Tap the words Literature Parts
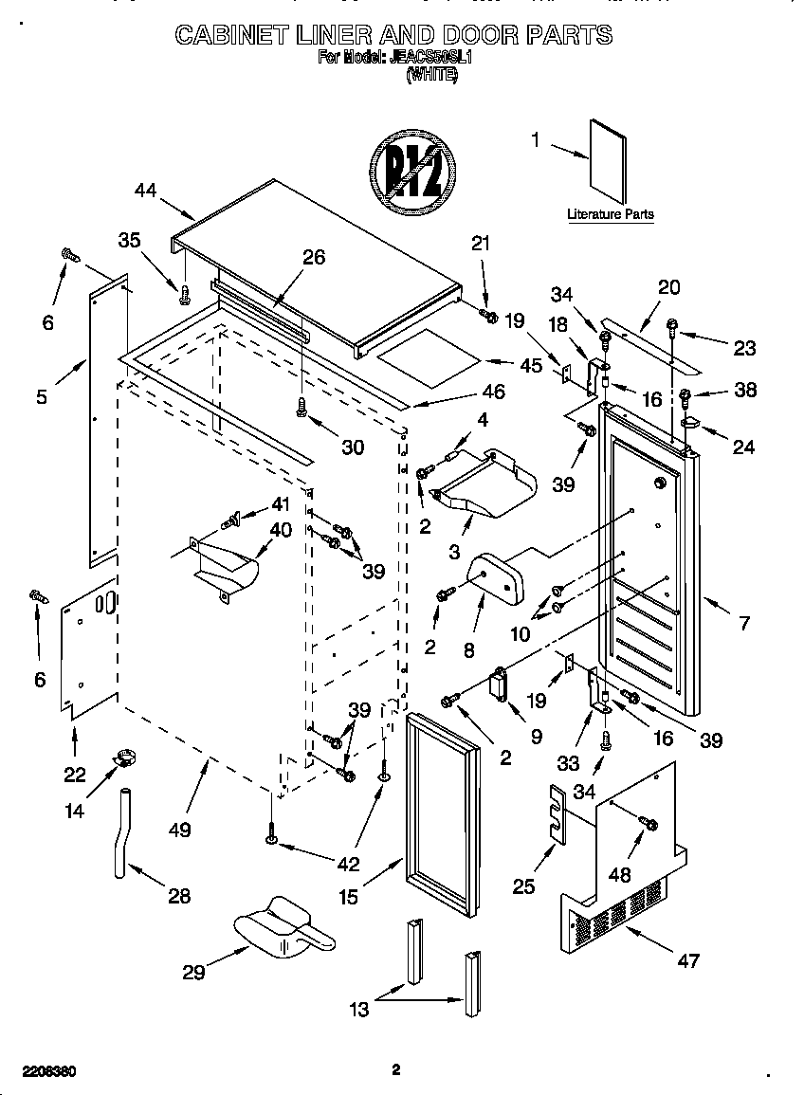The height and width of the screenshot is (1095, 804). tap(610, 214)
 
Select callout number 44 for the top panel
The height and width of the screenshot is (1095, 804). tap(145, 190)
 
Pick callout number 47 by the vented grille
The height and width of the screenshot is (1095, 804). tap(687, 960)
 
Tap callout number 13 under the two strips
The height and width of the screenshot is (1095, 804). tap(359, 1010)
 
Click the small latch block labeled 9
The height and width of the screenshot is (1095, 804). tap(498, 684)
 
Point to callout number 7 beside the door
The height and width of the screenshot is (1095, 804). tap(744, 623)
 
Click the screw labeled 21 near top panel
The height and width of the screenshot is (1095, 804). tap(488, 315)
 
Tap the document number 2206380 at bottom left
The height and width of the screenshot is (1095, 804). tap(39, 1071)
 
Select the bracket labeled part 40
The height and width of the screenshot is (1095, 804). tap(225, 569)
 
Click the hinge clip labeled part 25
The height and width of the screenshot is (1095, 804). tap(557, 812)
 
